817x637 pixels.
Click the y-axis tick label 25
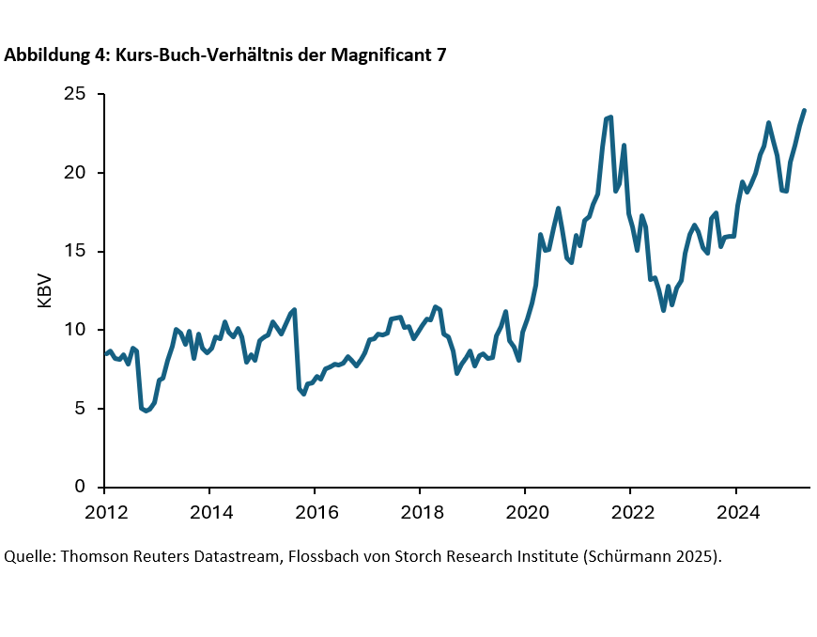[x=75, y=94]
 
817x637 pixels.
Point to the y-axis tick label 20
[x=75, y=173]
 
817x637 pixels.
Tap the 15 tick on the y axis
[x=75, y=251]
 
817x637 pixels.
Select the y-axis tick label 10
[x=75, y=330]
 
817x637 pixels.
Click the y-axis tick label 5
[x=81, y=409]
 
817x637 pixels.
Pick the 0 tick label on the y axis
[x=81, y=487]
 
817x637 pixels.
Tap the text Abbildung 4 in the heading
[x=55, y=55]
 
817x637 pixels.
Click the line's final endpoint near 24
[x=804, y=111]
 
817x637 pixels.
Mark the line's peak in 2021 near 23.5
[x=610, y=117]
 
